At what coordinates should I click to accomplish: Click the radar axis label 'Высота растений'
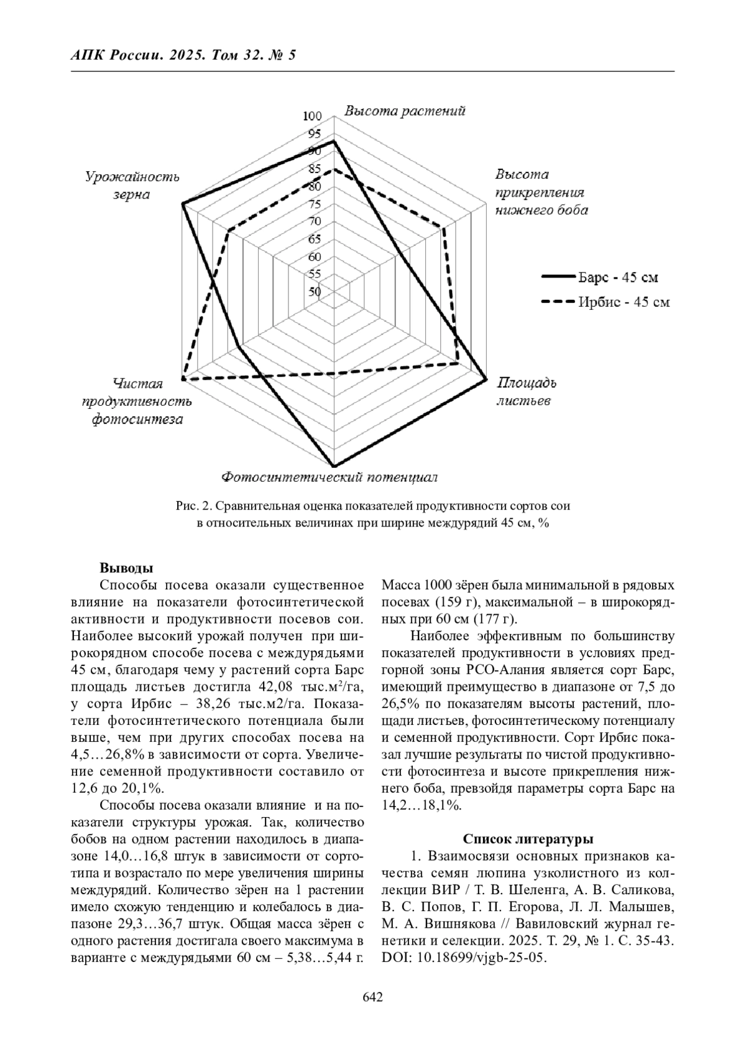[x=405, y=111]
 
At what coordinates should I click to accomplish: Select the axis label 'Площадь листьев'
[x=525, y=391]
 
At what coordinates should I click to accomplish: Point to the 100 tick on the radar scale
[x=312, y=116]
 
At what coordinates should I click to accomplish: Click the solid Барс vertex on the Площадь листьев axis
[x=486, y=378]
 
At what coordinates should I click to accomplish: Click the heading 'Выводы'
[x=126, y=568]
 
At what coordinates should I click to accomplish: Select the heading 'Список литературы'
[x=528, y=839]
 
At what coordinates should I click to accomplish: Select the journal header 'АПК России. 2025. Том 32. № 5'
[x=183, y=55]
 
